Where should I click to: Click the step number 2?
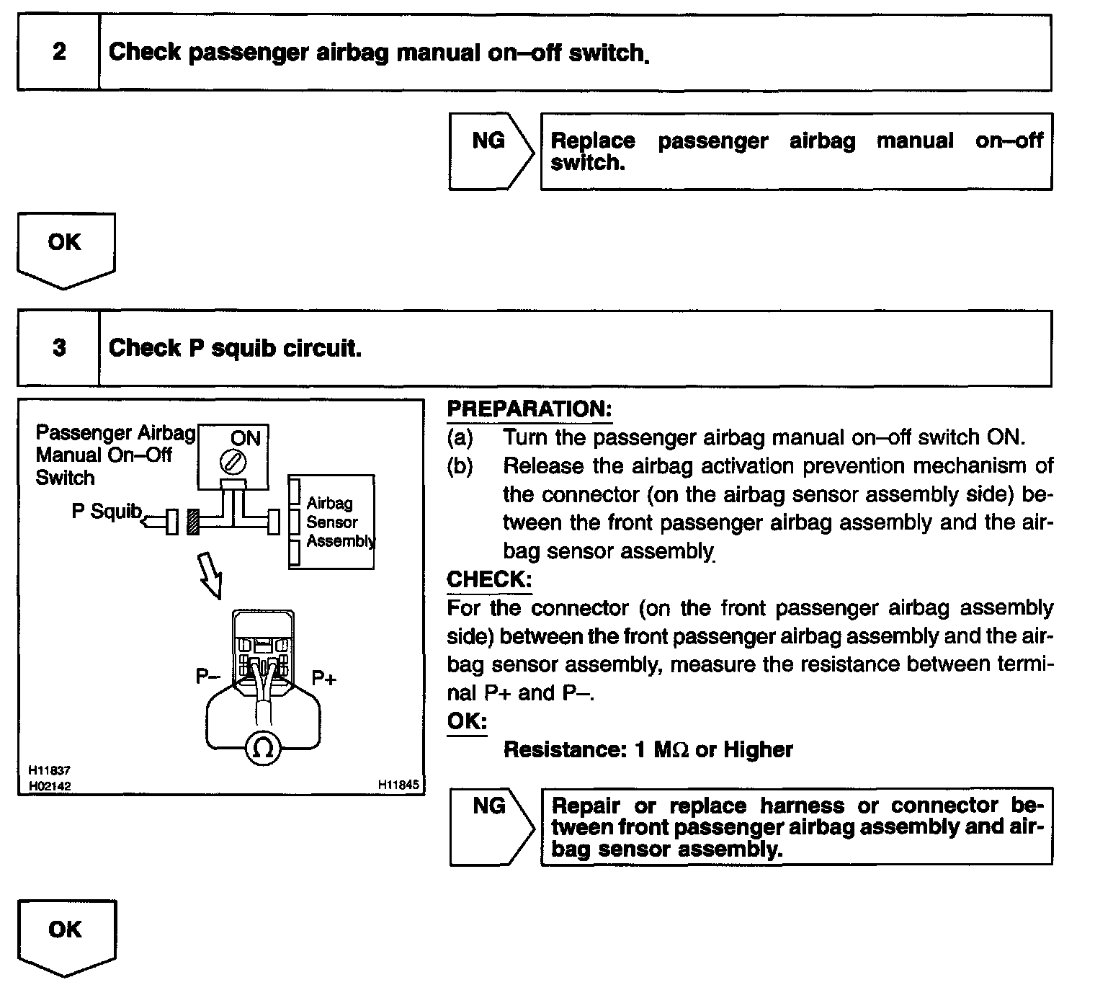click(x=59, y=52)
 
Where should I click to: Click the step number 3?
click(x=59, y=348)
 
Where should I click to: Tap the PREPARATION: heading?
click(x=529, y=409)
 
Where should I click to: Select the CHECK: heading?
click(x=489, y=579)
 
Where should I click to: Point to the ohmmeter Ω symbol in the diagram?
click(x=262, y=749)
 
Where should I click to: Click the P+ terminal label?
click(x=323, y=678)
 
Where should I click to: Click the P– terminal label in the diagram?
click(x=207, y=677)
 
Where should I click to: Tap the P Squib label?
click(x=107, y=511)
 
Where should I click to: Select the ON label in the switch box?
click(x=245, y=438)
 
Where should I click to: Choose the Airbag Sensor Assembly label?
click(x=339, y=522)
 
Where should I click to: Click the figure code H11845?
click(x=398, y=784)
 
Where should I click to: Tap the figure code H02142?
click(x=50, y=786)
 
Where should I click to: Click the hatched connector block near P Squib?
click(x=192, y=522)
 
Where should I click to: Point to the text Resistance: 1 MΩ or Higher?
click(x=648, y=750)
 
